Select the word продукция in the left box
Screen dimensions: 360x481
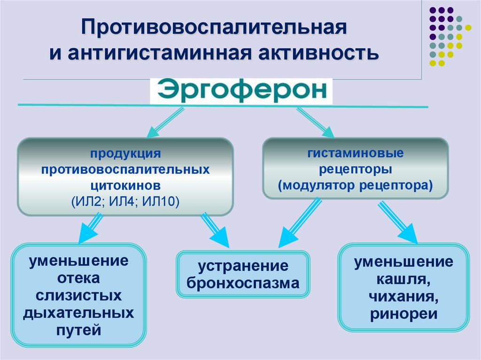(x=126, y=153)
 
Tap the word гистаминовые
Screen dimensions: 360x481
(x=356, y=153)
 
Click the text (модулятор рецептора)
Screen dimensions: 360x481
(x=355, y=184)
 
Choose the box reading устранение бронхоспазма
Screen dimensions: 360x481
(x=243, y=274)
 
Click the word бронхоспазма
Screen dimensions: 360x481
(x=243, y=283)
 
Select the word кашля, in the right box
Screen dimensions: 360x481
(x=403, y=279)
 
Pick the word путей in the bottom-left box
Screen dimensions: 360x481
(x=79, y=330)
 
